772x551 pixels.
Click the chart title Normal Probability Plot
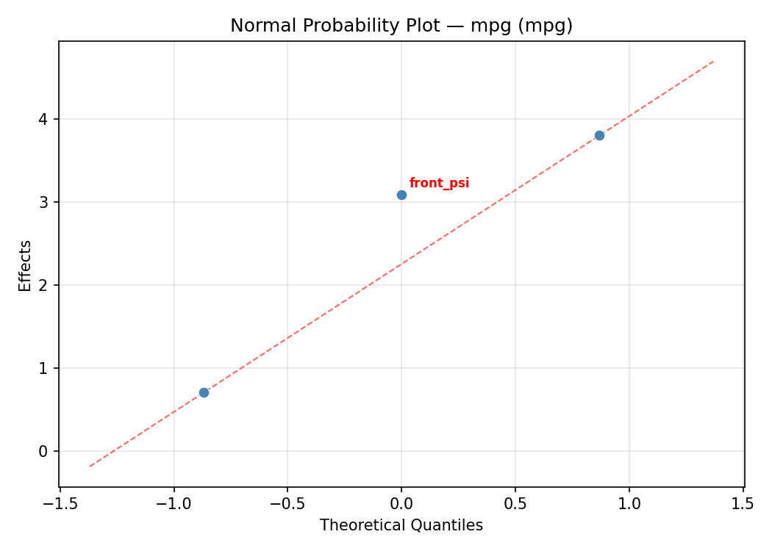pyautogui.click(x=401, y=26)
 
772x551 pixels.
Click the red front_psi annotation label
pyautogui.click(x=439, y=184)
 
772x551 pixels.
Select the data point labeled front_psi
pyautogui.click(x=401, y=195)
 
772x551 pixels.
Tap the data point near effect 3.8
pyautogui.click(x=599, y=135)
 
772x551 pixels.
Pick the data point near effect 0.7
pyautogui.click(x=204, y=392)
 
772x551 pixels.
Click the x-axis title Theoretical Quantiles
pyautogui.click(x=401, y=526)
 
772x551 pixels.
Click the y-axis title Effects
pyautogui.click(x=26, y=265)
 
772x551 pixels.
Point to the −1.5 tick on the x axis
pyautogui.click(x=60, y=504)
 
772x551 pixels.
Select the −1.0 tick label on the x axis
pyautogui.click(x=174, y=504)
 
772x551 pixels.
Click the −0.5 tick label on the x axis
pyautogui.click(x=287, y=504)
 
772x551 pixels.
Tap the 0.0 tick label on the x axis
pyautogui.click(x=401, y=504)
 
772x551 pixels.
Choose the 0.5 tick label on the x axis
pyautogui.click(x=515, y=504)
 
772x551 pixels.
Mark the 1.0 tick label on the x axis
pyautogui.click(x=629, y=504)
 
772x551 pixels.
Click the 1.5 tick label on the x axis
pyautogui.click(x=743, y=504)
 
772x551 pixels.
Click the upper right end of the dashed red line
pyautogui.click(x=713, y=62)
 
